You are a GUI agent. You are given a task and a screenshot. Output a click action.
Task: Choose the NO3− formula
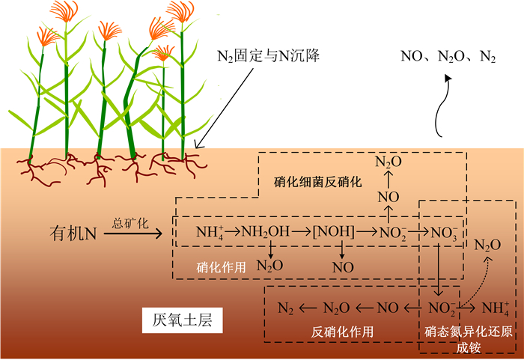pyautogui.click(x=444, y=233)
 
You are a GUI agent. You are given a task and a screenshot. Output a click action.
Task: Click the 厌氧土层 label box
pyautogui.click(x=178, y=321)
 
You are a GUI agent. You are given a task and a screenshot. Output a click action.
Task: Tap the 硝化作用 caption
pyautogui.click(x=220, y=266)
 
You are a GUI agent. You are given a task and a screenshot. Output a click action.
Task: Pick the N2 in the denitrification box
pyautogui.click(x=285, y=308)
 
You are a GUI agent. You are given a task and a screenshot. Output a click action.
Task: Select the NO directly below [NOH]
pyautogui.click(x=343, y=266)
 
